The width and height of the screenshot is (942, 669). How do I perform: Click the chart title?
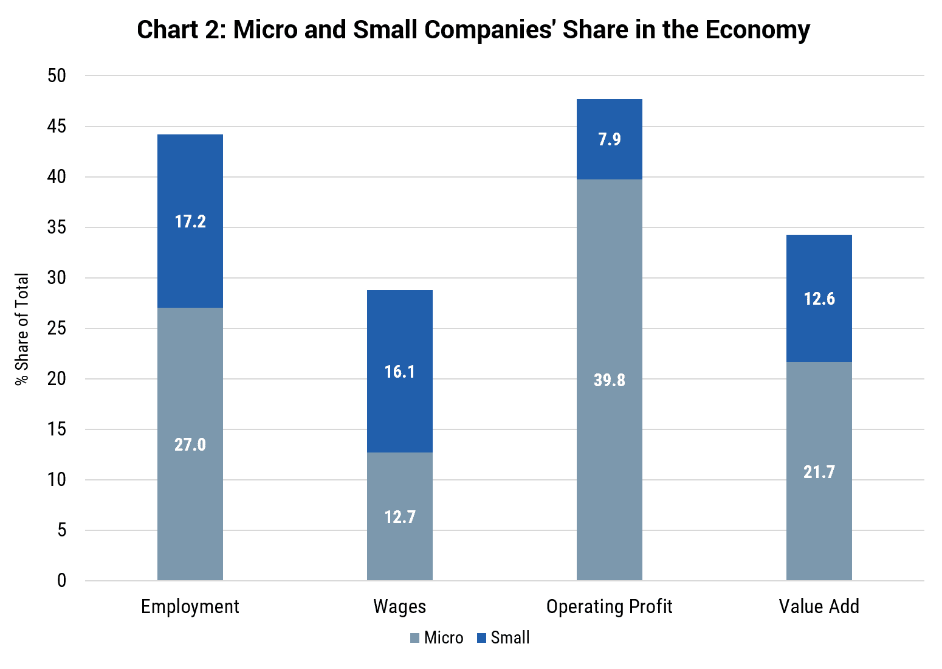(473, 30)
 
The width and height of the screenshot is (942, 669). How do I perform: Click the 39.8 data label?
(610, 380)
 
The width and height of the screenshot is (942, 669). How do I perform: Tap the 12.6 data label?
(819, 299)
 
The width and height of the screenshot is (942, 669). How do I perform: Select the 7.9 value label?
(610, 139)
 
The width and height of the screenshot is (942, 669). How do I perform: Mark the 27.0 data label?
(190, 445)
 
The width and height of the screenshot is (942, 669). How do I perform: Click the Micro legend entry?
(437, 638)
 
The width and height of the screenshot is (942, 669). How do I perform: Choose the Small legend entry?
(504, 638)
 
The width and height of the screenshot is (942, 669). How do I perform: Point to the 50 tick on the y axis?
(57, 76)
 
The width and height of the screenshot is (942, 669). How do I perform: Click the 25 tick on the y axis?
(57, 328)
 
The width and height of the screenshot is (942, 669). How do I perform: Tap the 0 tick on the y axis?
(61, 581)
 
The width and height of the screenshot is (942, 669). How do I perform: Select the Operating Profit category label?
(610, 606)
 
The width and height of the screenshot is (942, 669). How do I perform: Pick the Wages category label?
(400, 606)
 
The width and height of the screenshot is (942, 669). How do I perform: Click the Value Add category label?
(819, 606)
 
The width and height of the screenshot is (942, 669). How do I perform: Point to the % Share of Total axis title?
(22, 328)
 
